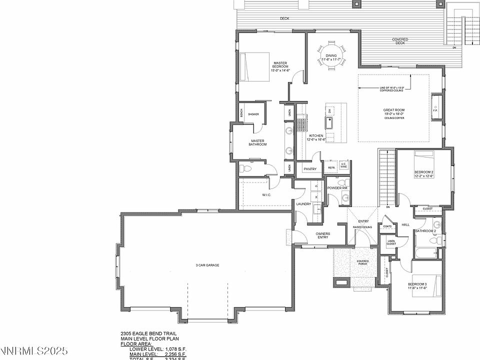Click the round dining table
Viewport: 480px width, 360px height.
(330, 58)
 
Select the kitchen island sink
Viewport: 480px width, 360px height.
(330, 121)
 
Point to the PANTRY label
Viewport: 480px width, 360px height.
(310, 169)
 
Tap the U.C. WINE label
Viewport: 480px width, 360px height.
(343, 166)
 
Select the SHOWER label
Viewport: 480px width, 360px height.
(253, 114)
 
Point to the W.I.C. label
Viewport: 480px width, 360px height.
(266, 195)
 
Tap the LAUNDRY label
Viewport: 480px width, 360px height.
(303, 204)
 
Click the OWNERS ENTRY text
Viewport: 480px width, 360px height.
(322, 235)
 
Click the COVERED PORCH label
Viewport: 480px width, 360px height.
(362, 263)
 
